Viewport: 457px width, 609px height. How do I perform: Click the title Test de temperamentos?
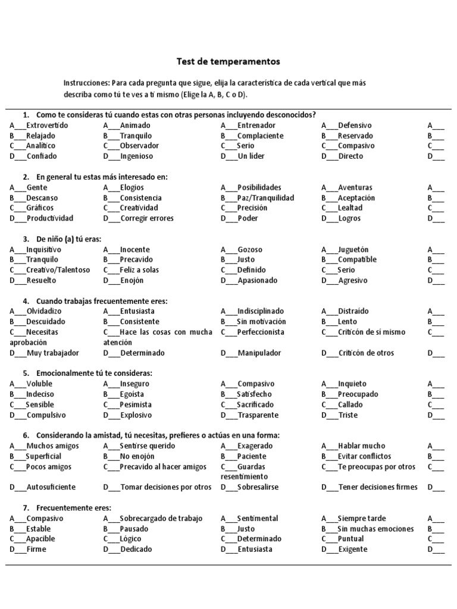click(x=228, y=61)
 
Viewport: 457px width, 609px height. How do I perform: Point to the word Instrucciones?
click(x=86, y=83)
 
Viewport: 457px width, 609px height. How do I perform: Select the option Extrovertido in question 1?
click(x=47, y=125)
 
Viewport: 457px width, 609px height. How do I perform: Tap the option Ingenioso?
click(x=136, y=156)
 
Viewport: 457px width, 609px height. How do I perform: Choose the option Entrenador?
click(x=256, y=125)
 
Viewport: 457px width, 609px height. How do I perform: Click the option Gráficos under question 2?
click(x=40, y=208)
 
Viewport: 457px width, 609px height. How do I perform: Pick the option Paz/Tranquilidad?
click(x=265, y=198)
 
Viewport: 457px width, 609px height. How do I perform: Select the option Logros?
click(x=349, y=218)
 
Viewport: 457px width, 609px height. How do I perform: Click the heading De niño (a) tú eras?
click(x=68, y=239)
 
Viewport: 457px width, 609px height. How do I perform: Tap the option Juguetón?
click(x=353, y=250)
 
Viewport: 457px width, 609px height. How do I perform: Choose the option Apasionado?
click(x=257, y=281)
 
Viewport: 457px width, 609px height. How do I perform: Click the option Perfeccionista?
click(x=261, y=332)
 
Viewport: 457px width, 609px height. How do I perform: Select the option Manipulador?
click(x=259, y=353)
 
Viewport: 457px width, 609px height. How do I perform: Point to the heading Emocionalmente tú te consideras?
click(x=94, y=373)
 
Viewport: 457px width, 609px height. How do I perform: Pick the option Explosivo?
click(x=136, y=415)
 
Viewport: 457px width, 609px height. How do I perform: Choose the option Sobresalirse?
click(x=258, y=487)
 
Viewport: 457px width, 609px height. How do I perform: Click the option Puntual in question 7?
click(x=350, y=539)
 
